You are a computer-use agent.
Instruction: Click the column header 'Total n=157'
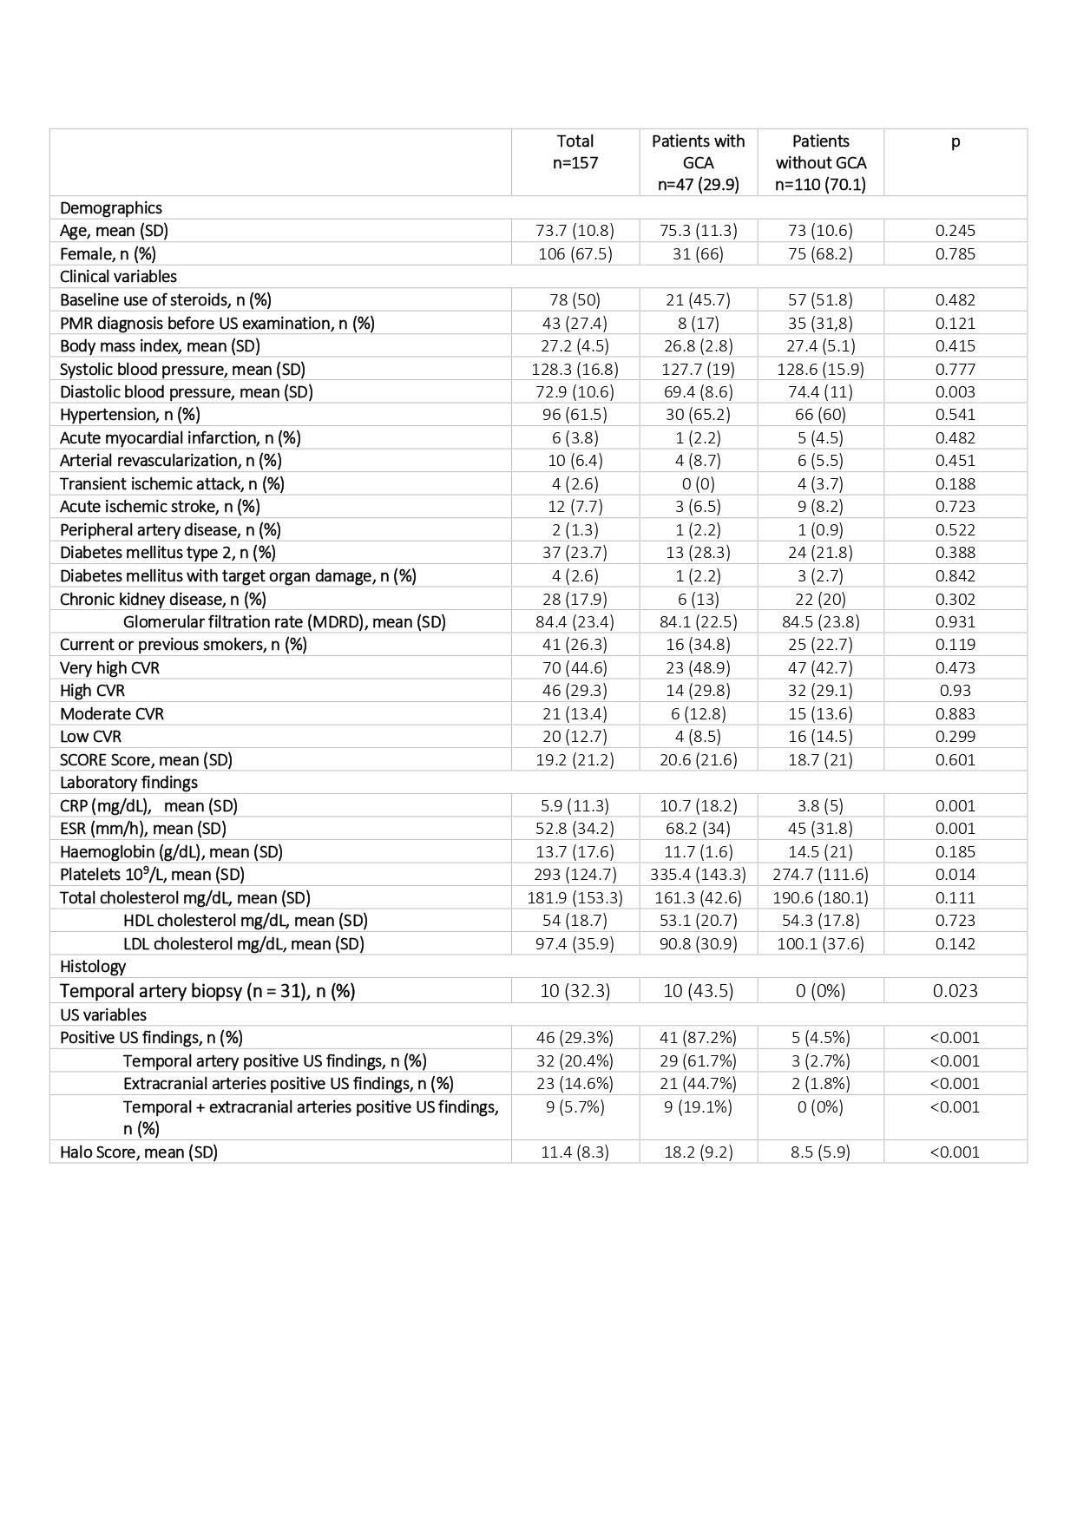[x=575, y=152]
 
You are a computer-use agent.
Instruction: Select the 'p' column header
[x=955, y=142]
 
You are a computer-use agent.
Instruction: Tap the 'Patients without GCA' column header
[x=820, y=162]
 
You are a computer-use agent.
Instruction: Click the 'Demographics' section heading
[x=111, y=208]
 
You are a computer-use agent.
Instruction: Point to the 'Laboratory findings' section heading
[x=128, y=783]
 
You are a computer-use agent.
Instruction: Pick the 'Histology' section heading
[x=93, y=967]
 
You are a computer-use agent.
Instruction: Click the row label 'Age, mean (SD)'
[x=114, y=231]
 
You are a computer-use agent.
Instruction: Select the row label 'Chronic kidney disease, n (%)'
[x=163, y=599]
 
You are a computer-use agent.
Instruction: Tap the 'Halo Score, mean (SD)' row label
[x=139, y=1152]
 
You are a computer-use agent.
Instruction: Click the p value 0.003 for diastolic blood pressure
[x=955, y=392]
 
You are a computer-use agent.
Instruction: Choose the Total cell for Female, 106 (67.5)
[x=575, y=254]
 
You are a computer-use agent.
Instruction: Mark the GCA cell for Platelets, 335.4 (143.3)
[x=698, y=875]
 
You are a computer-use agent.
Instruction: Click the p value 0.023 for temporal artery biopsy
[x=955, y=991]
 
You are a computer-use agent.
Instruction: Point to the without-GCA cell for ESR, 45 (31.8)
[x=820, y=829]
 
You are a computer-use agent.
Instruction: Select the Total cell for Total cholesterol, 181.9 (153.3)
[x=575, y=898]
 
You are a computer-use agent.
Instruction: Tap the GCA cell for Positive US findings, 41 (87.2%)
[x=698, y=1038]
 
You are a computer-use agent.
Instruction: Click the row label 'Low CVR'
[x=90, y=737]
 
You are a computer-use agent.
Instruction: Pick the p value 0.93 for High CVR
[x=955, y=691]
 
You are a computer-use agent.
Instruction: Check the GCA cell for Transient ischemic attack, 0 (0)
[x=698, y=484]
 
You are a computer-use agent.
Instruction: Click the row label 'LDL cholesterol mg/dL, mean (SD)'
[x=243, y=944]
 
